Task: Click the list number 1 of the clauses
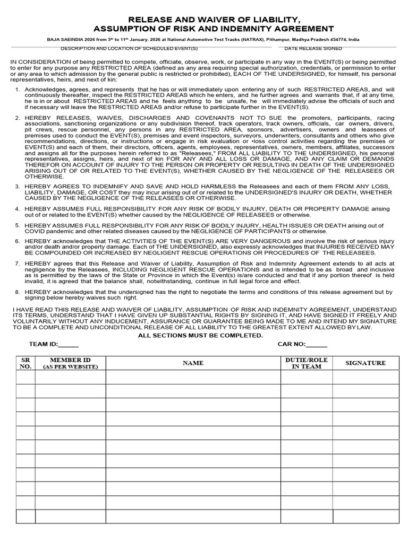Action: coord(18,89)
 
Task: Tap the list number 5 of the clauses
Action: coord(18,225)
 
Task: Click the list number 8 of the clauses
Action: coord(18,292)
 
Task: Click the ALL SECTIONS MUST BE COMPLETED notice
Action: coord(200,335)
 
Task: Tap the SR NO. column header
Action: coord(25,363)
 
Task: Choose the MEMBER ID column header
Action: coord(70,363)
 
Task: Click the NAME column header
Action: coord(193,363)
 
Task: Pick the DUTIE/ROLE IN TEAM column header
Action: coord(306,363)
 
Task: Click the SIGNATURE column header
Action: coord(365,363)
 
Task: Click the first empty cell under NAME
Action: coord(193,377)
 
